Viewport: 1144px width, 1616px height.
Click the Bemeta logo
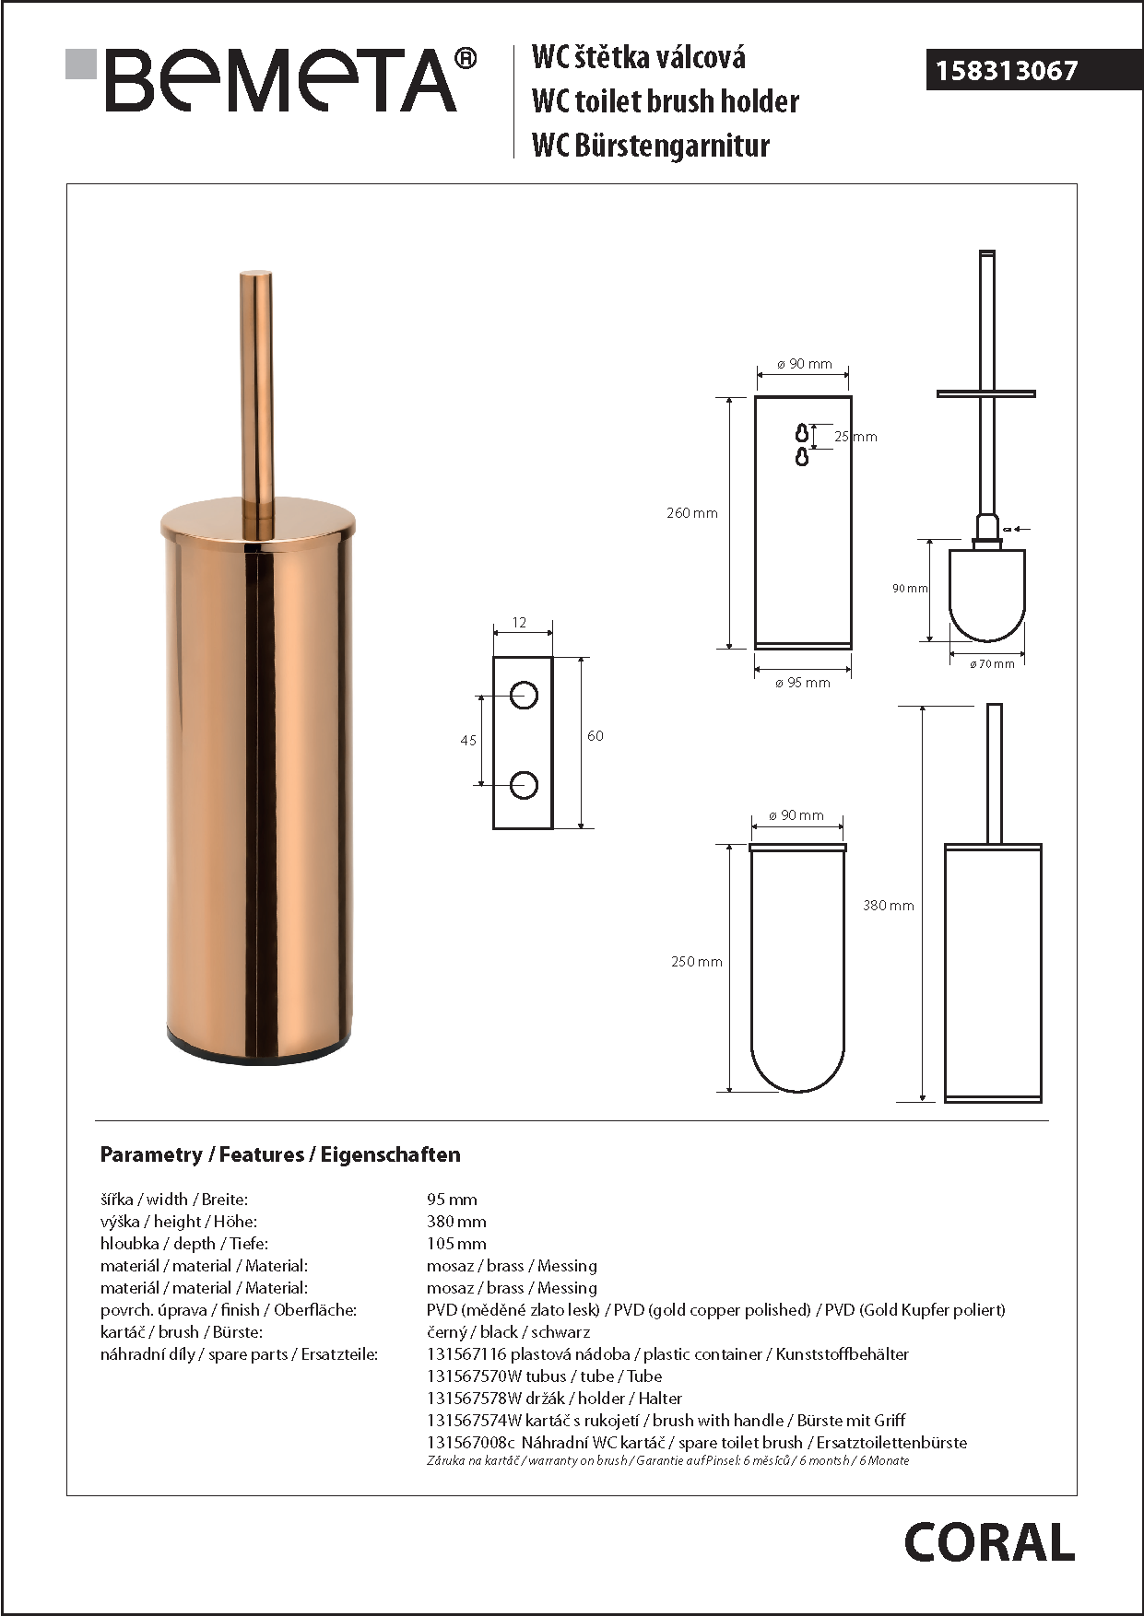271,80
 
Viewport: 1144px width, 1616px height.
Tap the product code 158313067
1007,71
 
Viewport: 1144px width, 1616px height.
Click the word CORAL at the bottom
989,1542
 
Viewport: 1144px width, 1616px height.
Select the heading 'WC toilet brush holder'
665,101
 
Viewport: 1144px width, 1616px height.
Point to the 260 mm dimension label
691,513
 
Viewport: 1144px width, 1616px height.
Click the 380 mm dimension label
888,906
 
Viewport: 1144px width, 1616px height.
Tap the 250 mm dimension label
696,962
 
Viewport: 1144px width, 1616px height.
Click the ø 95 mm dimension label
802,683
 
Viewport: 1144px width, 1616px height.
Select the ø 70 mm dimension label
992,663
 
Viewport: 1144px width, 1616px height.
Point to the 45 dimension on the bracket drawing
468,740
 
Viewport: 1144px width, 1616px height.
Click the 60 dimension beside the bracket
596,735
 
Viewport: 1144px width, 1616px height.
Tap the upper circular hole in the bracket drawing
524,695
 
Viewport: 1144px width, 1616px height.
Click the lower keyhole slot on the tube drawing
802,456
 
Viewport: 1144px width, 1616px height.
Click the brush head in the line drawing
987,595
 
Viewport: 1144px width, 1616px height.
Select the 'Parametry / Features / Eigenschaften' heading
280,1154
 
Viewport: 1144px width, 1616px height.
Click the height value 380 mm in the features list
456,1222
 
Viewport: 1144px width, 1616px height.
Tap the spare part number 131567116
466,1354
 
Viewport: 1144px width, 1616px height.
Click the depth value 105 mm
456,1244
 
